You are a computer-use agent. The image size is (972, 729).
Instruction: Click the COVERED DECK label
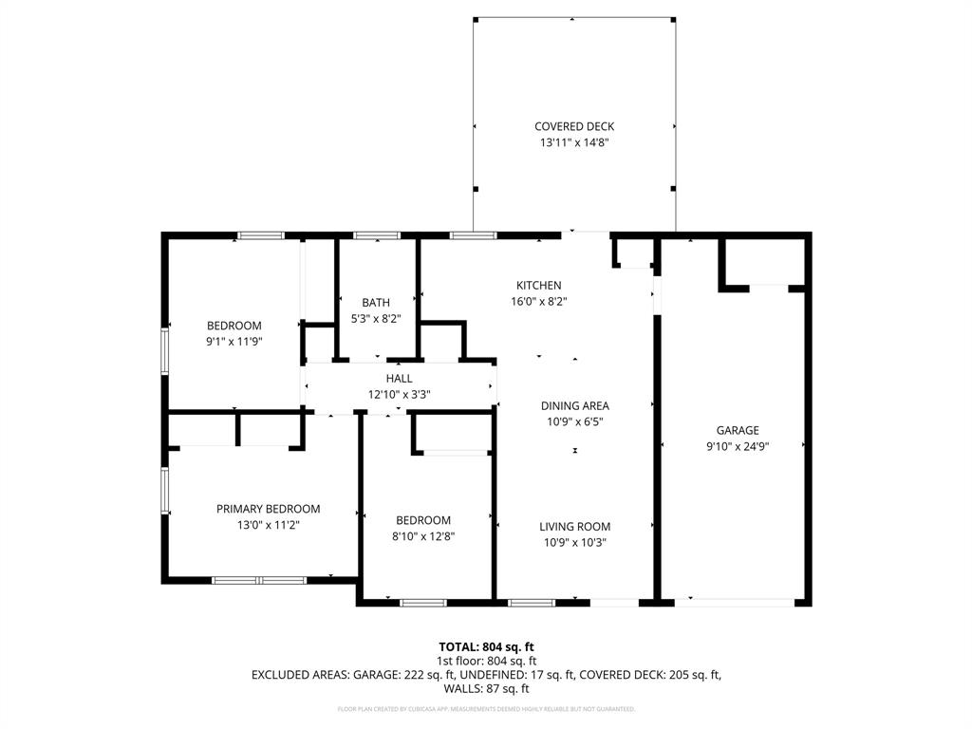tap(574, 126)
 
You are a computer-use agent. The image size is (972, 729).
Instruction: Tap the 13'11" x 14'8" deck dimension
tap(574, 142)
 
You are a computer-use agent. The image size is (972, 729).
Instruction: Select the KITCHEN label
tap(538, 285)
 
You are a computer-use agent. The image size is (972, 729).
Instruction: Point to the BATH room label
tap(376, 303)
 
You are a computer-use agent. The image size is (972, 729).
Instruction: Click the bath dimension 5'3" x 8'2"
tap(376, 319)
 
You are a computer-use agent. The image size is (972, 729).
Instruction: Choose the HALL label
tap(399, 378)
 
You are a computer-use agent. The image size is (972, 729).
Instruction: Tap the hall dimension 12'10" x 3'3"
tap(399, 394)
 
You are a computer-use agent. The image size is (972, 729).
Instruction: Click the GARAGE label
tap(738, 430)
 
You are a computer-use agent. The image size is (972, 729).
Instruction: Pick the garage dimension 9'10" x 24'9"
tap(738, 446)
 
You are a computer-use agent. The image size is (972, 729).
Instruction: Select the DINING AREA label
tap(574, 405)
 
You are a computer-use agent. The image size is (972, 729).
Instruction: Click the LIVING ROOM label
tap(574, 527)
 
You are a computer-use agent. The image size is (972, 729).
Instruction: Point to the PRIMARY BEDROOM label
tap(268, 509)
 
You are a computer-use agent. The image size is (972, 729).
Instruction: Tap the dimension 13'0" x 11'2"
tap(268, 525)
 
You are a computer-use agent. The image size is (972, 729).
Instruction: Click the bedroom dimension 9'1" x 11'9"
tap(234, 342)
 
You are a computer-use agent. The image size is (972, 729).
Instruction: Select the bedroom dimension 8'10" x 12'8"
tap(423, 536)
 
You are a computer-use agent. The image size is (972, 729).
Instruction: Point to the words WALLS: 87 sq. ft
tap(486, 689)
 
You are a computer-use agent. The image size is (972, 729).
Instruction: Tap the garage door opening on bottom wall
tap(735, 601)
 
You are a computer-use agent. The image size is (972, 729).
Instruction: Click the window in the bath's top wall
tap(377, 234)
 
